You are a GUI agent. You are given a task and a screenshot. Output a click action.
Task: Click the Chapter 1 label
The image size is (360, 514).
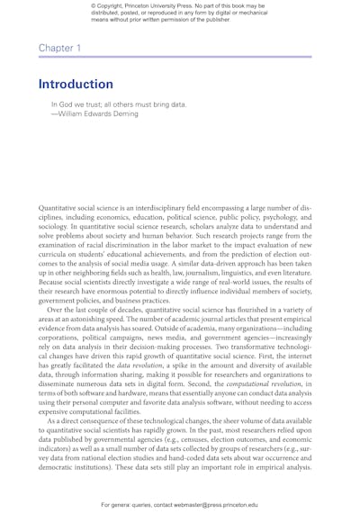point(59,46)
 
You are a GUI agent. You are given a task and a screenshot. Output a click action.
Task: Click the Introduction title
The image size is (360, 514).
point(76,84)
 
